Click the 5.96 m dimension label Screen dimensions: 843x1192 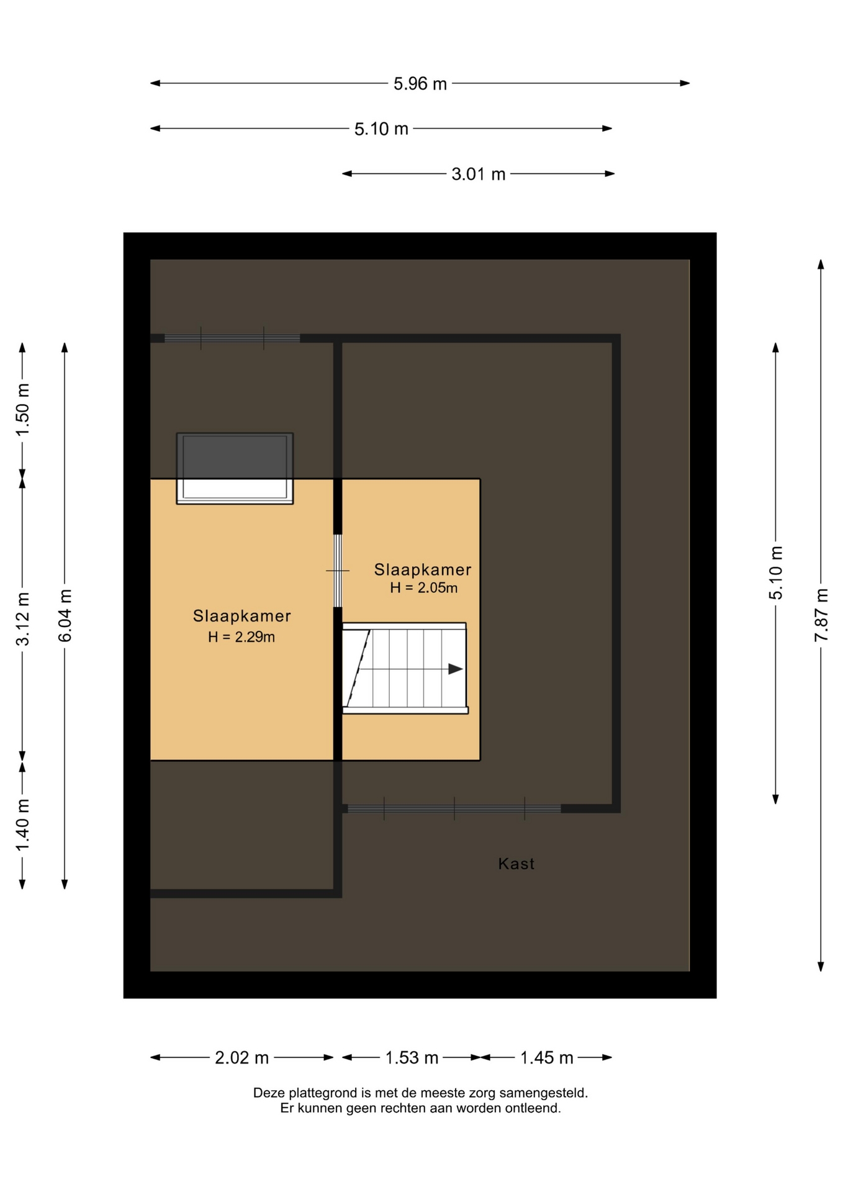point(420,84)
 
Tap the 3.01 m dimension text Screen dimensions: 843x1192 point(479,174)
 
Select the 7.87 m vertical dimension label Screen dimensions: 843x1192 point(821,615)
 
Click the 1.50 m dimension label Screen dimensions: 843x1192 point(23,410)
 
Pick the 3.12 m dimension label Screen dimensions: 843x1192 point(23,620)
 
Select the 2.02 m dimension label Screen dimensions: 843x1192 point(241,1058)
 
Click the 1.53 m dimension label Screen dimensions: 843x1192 point(412,1058)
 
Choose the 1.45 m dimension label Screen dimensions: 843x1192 point(546,1058)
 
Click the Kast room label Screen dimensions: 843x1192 point(516,864)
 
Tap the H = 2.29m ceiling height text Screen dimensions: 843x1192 point(241,637)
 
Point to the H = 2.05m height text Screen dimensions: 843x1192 point(424,588)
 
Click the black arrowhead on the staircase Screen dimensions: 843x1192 point(456,669)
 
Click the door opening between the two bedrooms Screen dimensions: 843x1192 point(338,571)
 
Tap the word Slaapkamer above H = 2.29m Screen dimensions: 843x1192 point(241,616)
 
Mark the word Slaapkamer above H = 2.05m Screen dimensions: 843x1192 point(423,569)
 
